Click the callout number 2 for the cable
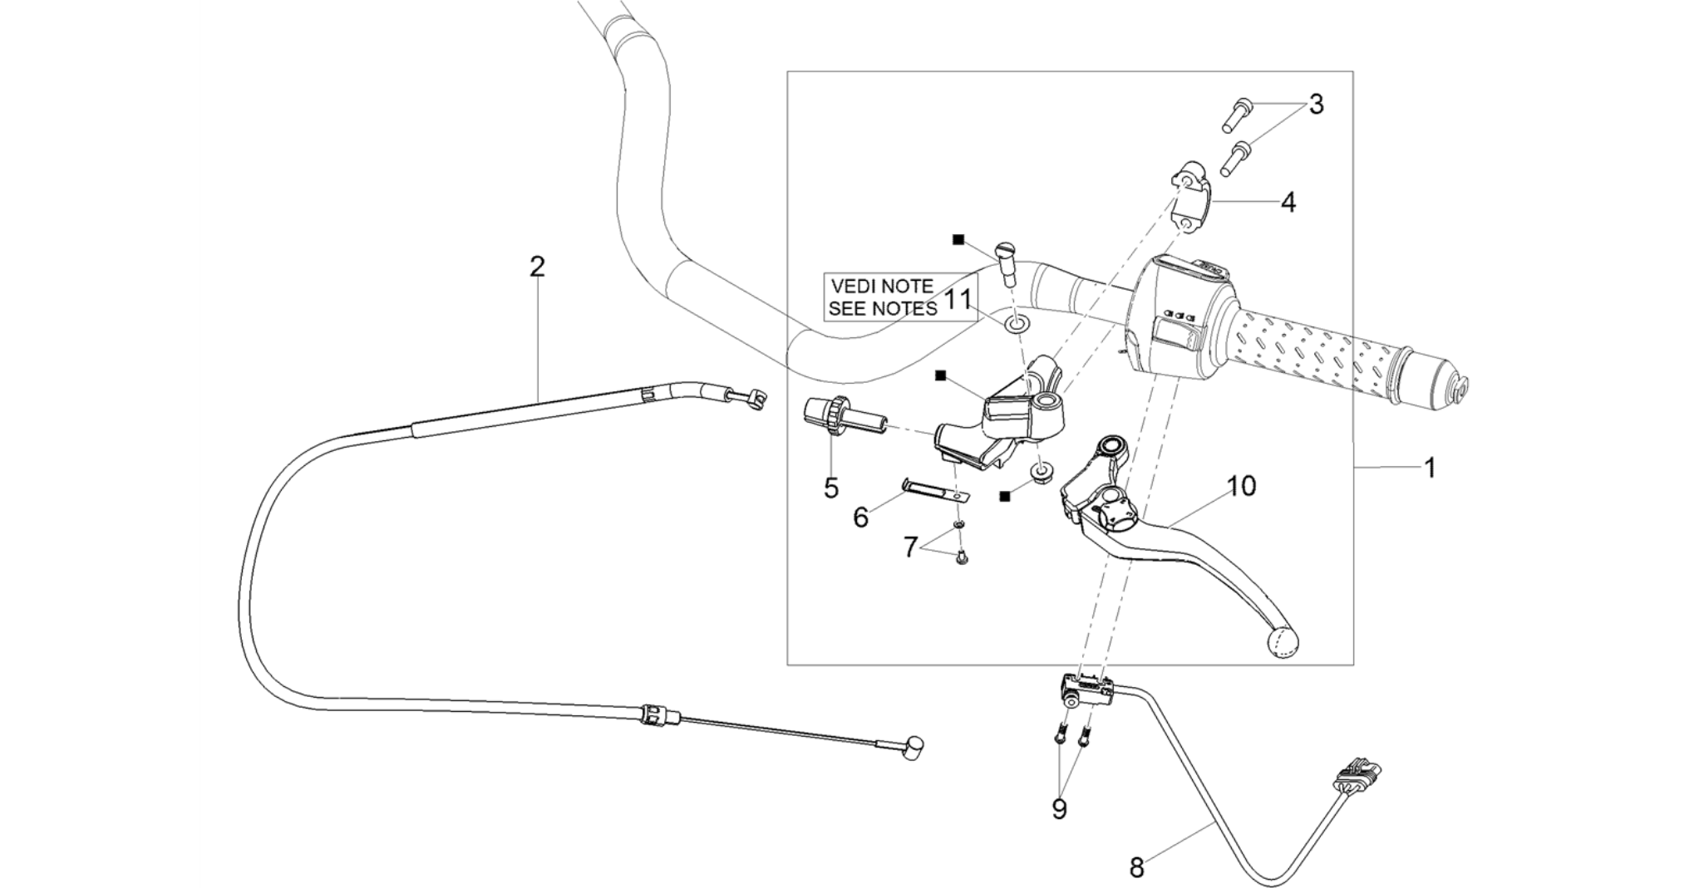click(x=537, y=267)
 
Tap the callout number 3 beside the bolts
click(x=1316, y=105)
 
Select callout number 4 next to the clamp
click(x=1288, y=202)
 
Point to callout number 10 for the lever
click(x=1242, y=486)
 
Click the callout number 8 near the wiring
click(x=1136, y=868)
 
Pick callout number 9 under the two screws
click(x=1059, y=809)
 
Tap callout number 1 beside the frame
click(x=1431, y=469)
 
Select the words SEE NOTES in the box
click(x=883, y=308)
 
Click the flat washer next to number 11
click(x=1015, y=324)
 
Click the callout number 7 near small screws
click(x=910, y=547)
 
